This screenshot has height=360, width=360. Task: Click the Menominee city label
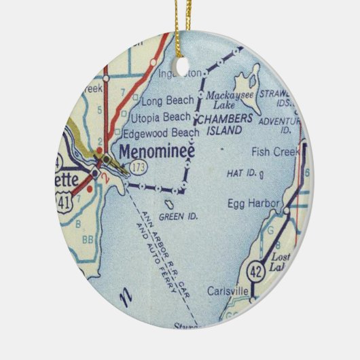157,151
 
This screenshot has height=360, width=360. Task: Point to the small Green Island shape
173,203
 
